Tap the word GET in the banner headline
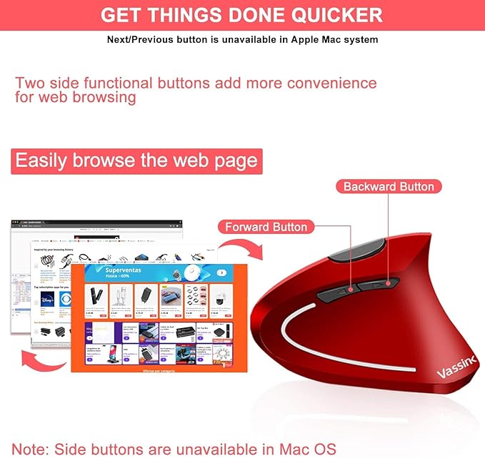point(126,15)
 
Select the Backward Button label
point(389,186)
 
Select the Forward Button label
point(266,227)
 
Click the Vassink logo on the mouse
point(457,362)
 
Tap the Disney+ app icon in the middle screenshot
point(47,298)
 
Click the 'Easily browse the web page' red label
point(136,161)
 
